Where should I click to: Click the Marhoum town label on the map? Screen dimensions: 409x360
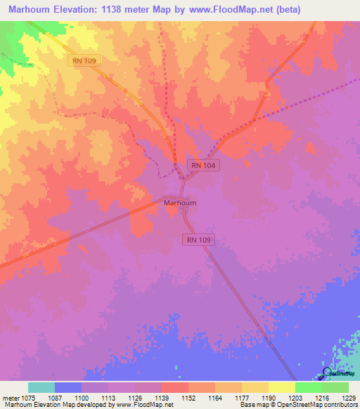179,203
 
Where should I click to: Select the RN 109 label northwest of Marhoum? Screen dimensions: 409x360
84,61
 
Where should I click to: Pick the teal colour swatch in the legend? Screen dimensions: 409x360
41,387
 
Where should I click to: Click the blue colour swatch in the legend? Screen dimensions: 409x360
68,387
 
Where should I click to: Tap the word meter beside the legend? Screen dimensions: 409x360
13,398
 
